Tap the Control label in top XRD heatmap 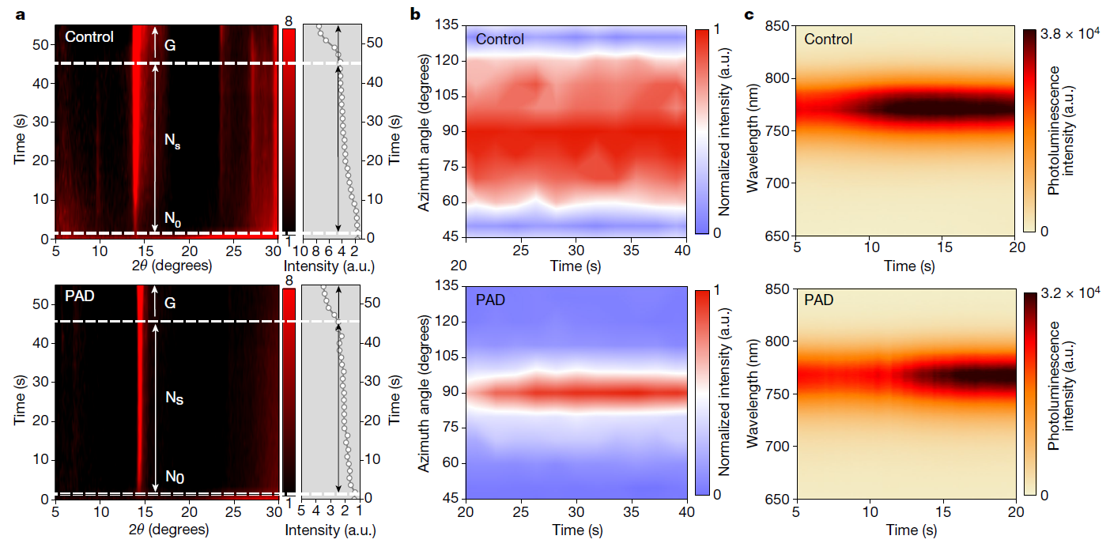pos(89,37)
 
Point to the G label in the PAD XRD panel pos(169,304)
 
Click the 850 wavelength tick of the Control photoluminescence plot pos(779,27)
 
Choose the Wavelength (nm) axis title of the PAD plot pos(753,393)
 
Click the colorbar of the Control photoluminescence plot pos(1029,131)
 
